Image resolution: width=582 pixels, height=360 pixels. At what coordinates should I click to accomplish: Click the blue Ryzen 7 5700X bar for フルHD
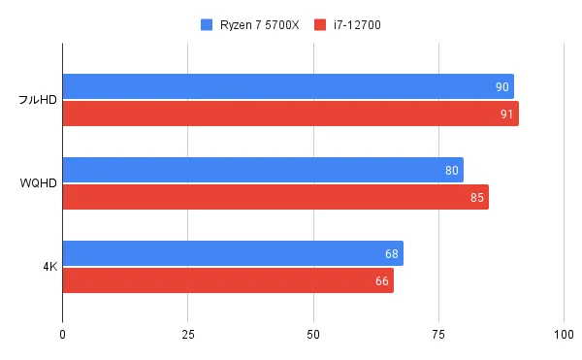coord(288,86)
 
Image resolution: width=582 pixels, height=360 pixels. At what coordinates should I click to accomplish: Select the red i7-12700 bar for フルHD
coord(290,114)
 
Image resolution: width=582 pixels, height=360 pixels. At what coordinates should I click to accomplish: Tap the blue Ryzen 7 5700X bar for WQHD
coord(263,170)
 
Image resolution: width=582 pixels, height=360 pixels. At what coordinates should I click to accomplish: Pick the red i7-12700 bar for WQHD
coord(275,197)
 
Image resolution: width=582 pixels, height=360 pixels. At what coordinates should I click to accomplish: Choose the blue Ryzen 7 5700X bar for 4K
coord(233,253)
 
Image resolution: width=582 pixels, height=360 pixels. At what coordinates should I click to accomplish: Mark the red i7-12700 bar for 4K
coord(228,280)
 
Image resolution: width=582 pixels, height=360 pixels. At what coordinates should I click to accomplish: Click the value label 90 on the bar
coord(502,87)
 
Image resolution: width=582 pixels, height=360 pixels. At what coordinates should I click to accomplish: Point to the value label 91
coord(507,115)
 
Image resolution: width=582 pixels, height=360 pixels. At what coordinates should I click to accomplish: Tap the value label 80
coord(452,171)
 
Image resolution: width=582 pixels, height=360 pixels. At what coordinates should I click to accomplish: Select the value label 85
coord(477,198)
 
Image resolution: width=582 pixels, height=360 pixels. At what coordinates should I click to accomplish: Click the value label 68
coord(392,254)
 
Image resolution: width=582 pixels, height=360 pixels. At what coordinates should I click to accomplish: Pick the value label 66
coord(382,281)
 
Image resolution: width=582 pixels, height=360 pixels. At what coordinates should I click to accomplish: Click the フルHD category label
coord(37,101)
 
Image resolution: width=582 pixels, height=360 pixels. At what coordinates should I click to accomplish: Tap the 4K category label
coord(48,267)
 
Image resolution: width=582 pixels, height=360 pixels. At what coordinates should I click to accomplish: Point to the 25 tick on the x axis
coord(188,335)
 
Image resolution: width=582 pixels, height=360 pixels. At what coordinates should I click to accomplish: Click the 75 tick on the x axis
coord(438,335)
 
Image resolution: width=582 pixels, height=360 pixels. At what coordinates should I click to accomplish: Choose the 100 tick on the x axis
coord(563,335)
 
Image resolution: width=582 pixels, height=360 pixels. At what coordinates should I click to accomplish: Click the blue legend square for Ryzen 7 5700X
coord(206,24)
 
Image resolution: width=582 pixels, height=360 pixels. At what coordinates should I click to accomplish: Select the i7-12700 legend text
coord(356,24)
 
